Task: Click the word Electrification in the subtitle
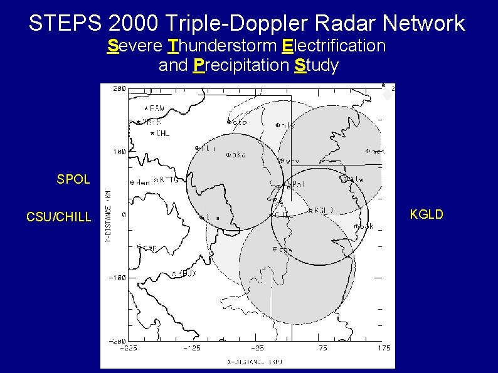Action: click(x=334, y=46)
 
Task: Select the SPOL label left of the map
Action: click(x=73, y=179)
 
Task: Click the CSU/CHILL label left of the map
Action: click(x=58, y=218)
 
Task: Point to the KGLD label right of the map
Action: click(x=426, y=215)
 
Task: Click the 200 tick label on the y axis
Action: click(x=117, y=88)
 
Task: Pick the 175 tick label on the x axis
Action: click(x=383, y=348)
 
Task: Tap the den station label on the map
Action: click(x=142, y=183)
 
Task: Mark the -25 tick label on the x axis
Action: click(x=257, y=348)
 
